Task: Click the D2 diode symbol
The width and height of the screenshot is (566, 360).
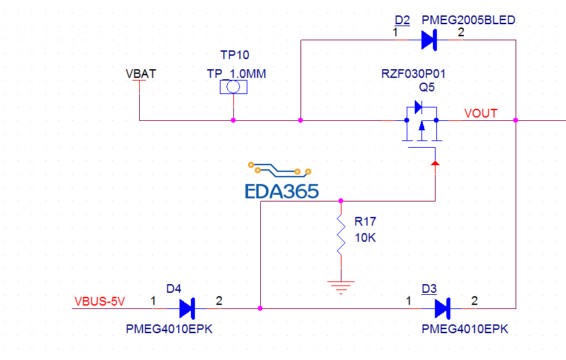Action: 429,40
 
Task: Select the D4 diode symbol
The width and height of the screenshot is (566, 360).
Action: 187,308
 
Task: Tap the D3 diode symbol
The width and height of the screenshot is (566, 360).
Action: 442,308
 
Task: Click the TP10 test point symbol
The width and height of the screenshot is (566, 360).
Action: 233,87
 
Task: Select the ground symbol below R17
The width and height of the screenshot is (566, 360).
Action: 341,287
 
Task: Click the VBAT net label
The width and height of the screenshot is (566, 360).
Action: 140,74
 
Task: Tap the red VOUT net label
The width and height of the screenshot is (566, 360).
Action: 481,114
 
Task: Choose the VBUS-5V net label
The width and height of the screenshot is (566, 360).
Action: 99,302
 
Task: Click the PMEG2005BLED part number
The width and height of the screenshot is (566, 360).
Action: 469,20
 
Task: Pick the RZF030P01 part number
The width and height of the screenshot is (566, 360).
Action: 413,74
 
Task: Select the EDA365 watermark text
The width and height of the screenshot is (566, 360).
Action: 282,191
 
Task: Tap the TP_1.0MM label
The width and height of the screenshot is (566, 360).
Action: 237,74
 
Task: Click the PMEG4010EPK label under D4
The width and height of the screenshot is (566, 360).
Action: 169,329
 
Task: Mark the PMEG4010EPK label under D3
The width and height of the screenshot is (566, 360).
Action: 465,329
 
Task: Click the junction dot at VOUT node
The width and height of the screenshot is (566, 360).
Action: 515,120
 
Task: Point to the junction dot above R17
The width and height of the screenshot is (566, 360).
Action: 341,200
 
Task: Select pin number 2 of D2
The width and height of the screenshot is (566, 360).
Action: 460,32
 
